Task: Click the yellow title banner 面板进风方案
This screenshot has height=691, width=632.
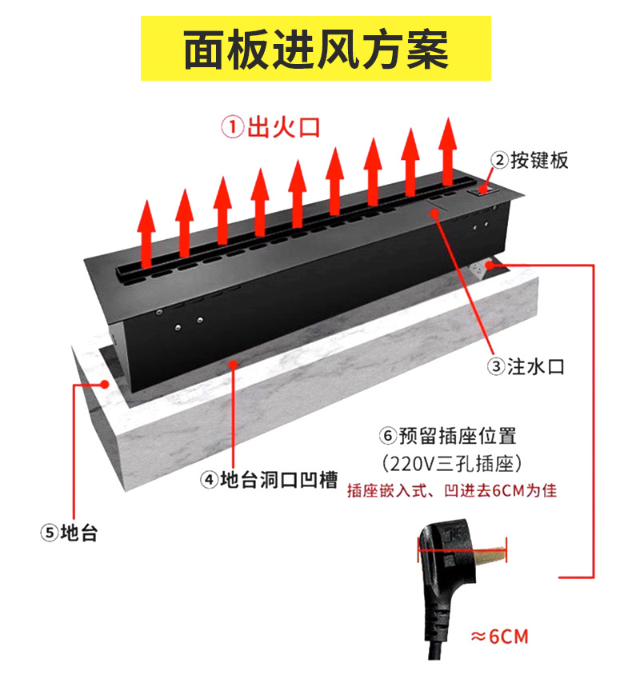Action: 316,48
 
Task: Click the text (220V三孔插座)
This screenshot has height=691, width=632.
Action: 452,463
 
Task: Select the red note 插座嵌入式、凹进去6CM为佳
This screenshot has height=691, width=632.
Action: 452,490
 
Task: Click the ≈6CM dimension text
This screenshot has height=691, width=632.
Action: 500,637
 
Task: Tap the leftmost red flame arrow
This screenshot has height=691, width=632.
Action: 146,232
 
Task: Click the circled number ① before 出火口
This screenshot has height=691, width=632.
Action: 232,128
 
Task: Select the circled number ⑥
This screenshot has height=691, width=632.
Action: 389,437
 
